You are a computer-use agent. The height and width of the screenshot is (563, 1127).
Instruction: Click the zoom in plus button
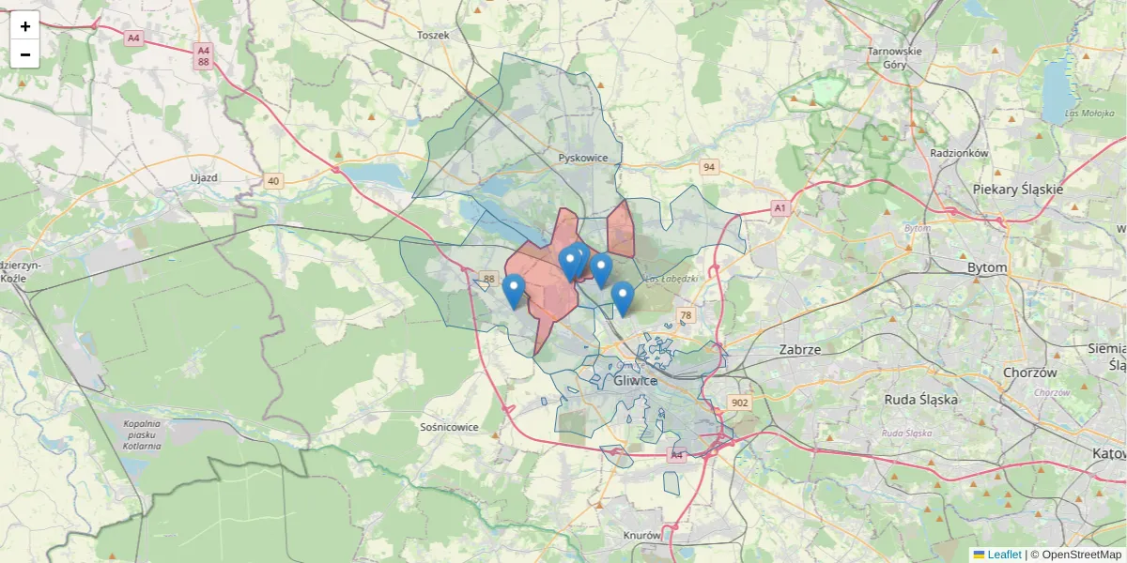pos(24,26)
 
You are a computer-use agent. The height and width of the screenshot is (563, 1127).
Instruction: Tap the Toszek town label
pos(433,35)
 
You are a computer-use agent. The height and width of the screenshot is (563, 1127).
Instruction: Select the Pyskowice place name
pos(583,158)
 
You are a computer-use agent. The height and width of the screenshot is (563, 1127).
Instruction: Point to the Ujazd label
pos(204,177)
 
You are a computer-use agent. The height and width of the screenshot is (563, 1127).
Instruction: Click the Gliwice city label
pos(635,381)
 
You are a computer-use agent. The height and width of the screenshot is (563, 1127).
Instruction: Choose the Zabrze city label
pos(800,349)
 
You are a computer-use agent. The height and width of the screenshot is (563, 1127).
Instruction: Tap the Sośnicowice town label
pos(450,427)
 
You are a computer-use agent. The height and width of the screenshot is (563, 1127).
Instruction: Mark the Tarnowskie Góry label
pos(894,58)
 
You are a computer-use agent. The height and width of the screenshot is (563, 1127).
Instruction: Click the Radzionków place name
pos(959,153)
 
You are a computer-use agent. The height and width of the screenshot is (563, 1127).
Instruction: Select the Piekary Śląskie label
pos(1018,189)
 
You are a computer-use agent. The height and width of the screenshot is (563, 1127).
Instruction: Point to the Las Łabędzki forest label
pos(672,278)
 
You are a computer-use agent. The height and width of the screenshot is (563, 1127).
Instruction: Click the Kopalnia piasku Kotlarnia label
pos(142,434)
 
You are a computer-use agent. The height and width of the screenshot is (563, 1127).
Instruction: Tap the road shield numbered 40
pos(273,180)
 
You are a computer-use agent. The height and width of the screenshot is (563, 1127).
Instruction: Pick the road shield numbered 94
pos(709,167)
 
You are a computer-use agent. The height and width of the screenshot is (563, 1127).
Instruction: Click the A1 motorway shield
pos(779,206)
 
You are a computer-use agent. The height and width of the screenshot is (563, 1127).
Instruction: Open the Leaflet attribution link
pos(1003,555)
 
